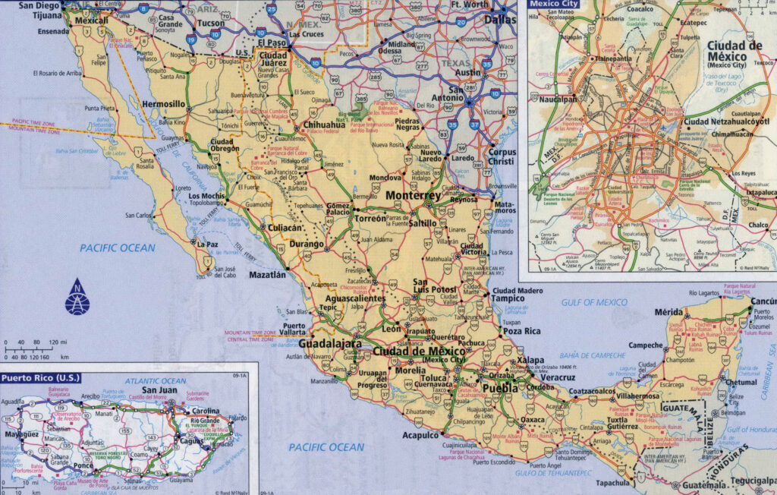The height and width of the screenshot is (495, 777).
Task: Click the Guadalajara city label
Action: coord(329,344)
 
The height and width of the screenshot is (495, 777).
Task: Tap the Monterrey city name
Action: coord(413,196)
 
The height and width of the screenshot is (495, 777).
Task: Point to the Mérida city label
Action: coord(668,312)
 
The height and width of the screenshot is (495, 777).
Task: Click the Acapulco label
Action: coord(420,435)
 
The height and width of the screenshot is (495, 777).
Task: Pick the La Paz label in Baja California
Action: coord(207,244)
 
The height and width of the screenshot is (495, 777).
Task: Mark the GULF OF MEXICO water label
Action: coord(594,302)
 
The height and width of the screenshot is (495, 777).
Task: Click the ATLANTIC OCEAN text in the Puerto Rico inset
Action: coord(156,380)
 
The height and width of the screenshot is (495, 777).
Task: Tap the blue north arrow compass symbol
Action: coord(77,297)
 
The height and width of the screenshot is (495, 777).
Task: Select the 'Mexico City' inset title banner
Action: coord(555,4)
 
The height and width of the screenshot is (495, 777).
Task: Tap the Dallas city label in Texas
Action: coord(499,20)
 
